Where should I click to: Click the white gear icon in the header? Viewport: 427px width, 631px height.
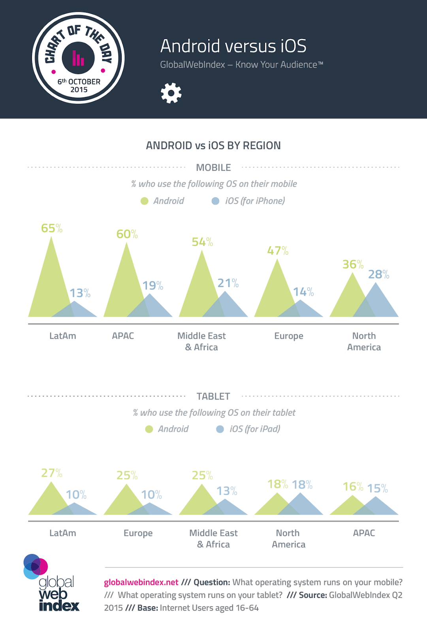171,93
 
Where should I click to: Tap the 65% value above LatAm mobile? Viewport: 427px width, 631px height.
52,228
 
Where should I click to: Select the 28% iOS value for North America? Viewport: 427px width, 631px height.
378,274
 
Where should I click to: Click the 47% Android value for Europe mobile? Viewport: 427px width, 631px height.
278,251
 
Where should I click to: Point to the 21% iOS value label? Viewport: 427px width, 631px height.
228,283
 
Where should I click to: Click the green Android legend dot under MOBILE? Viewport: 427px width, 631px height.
145,201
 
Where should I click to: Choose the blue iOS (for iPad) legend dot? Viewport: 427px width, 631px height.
220,429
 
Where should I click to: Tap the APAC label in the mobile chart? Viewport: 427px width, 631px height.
123,336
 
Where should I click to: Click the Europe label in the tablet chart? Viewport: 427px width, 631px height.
138,533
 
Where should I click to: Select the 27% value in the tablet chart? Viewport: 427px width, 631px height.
52,473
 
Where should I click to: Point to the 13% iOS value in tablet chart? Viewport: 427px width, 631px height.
227,491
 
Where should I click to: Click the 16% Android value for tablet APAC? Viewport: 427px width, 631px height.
353,487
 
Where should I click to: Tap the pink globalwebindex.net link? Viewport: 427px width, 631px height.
141,582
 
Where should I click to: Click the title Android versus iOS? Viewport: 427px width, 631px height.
233,46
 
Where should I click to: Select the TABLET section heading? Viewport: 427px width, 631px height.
213,396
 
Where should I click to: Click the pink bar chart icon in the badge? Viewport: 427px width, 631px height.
78,58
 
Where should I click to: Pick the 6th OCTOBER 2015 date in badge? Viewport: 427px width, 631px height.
79,86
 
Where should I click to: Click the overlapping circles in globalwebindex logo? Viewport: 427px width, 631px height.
36,566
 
